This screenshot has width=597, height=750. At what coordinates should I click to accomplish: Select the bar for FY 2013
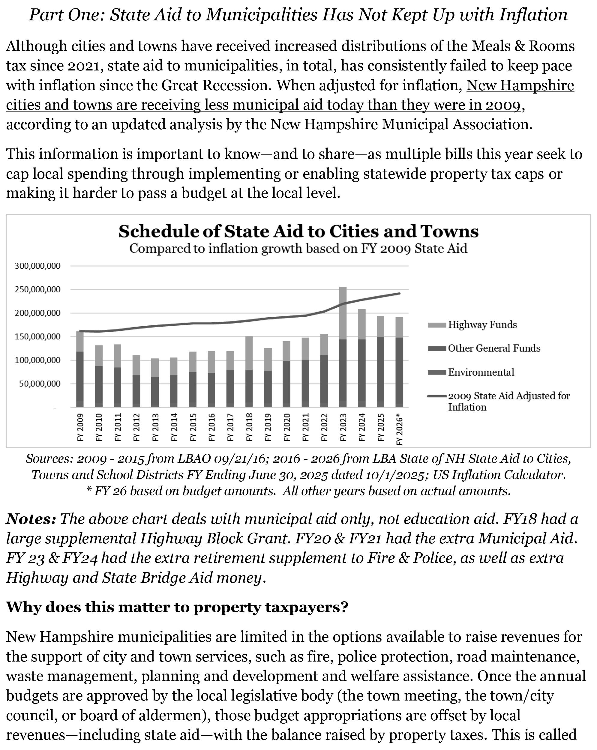coord(155,383)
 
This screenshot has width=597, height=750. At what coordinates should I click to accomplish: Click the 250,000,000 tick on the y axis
coord(37,289)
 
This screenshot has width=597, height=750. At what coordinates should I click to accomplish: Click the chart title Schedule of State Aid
coord(298,231)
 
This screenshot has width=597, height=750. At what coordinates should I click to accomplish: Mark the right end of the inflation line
coord(400,293)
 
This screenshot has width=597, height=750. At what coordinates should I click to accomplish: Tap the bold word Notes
coord(31,519)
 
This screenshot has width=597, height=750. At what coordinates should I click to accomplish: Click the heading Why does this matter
coord(177,607)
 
